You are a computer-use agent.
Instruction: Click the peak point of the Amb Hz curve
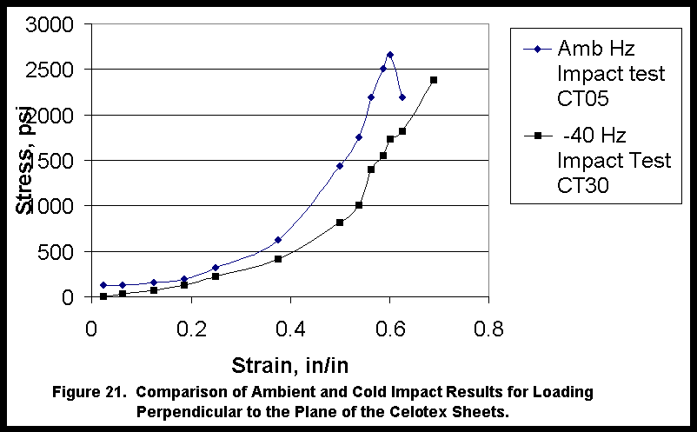coord(390,55)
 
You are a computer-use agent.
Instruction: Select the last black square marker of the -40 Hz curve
coord(433,80)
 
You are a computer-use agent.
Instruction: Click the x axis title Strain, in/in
coord(289,363)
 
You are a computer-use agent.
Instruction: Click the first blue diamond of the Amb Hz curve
coord(103,285)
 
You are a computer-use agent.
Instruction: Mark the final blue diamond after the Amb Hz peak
coord(402,97)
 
